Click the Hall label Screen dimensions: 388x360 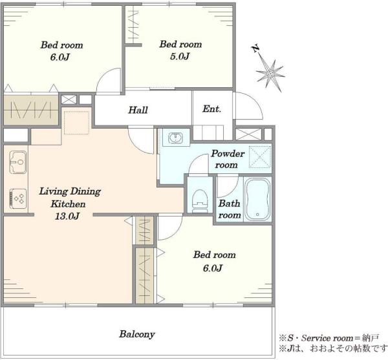[x=138, y=110]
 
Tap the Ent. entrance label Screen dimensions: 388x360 [x=212, y=109]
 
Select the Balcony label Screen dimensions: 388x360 [x=137, y=334]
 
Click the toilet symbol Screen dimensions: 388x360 [x=200, y=201]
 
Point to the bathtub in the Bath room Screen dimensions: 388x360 [x=257, y=199]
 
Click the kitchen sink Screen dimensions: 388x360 [x=18, y=162]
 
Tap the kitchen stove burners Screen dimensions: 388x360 [x=18, y=197]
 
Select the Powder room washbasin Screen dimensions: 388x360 [x=176, y=138]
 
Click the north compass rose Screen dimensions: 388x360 [x=270, y=74]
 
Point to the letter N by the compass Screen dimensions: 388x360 [x=255, y=48]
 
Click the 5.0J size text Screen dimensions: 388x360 [x=180, y=56]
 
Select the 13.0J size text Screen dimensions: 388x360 [x=67, y=217]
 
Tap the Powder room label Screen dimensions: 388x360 [x=227, y=159]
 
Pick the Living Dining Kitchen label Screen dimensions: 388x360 [x=70, y=197]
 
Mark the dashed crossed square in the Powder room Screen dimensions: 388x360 [x=260, y=157]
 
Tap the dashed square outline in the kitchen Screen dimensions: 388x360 [x=76, y=123]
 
